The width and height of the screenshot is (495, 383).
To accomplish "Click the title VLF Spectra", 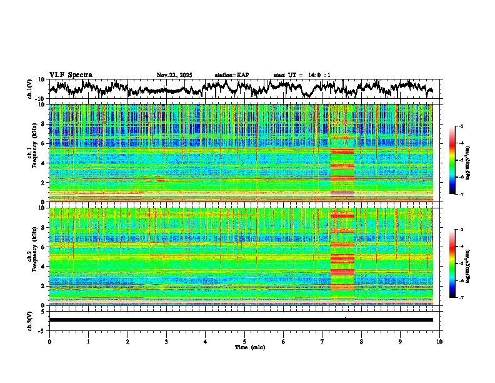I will pos(71,75).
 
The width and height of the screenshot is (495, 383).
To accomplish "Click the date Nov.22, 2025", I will pos(174,75).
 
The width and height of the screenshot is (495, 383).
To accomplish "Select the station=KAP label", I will pos(231,75).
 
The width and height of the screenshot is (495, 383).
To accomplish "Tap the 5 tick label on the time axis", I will pos(244,341).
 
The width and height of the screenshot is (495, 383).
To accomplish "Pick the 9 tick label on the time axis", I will pos(401,341).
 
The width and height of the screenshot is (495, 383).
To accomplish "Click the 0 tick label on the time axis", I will pos(49,341).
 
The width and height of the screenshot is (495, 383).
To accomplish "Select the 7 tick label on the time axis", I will pos(322,341).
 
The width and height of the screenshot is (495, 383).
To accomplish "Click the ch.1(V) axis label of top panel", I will pos(29,89).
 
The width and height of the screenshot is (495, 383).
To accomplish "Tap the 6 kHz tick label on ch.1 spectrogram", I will pos(44,143).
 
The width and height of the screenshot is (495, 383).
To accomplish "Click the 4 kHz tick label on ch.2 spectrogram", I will pos(44,266).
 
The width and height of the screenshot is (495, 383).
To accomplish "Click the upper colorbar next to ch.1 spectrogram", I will pos(457,160).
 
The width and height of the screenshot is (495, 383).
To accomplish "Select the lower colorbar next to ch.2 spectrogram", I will pos(457,263).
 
